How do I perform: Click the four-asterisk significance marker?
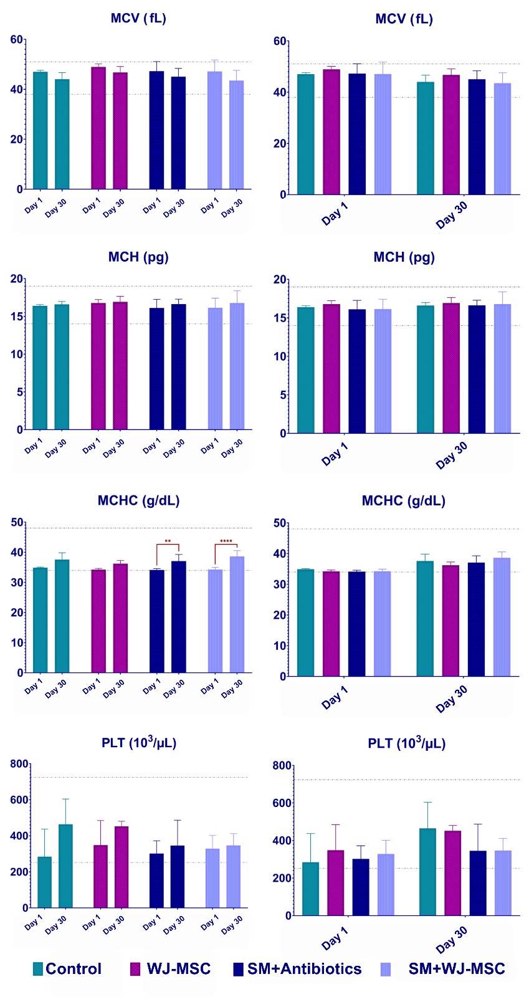point(226,540)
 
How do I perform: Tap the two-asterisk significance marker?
point(168,540)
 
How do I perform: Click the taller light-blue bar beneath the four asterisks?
point(237,614)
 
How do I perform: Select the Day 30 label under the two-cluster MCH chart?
point(452,455)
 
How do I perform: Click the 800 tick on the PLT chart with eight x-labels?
point(19,764)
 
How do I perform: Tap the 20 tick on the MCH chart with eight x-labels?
point(17,279)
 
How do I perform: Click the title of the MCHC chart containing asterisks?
point(139,500)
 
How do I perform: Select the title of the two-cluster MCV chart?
point(404,19)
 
